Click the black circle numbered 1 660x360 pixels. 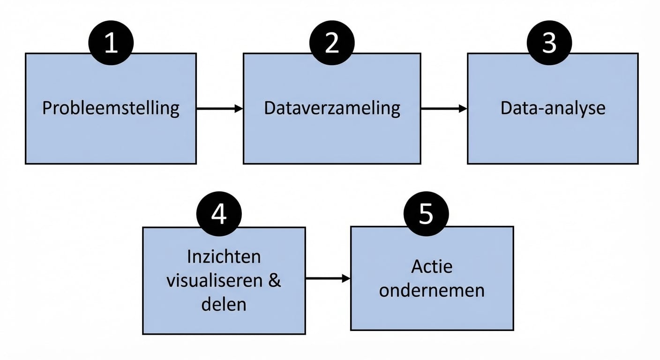[111, 43]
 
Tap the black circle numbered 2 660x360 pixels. [332, 43]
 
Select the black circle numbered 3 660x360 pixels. [549, 43]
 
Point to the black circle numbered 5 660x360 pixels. [426, 213]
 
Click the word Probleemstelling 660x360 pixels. [111, 108]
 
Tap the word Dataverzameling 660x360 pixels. [332, 108]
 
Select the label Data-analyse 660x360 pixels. [553, 108]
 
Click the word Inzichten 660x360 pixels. [224, 257]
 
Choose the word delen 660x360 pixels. [224, 304]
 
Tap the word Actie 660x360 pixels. [432, 266]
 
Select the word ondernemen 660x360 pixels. [432, 290]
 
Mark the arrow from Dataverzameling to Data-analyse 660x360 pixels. [443, 109]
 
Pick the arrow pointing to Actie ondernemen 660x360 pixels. [328, 278]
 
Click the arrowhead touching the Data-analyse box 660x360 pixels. [463, 109]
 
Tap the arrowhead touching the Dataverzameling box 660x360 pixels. [239, 109]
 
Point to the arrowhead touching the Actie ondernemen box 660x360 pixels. [346, 278]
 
